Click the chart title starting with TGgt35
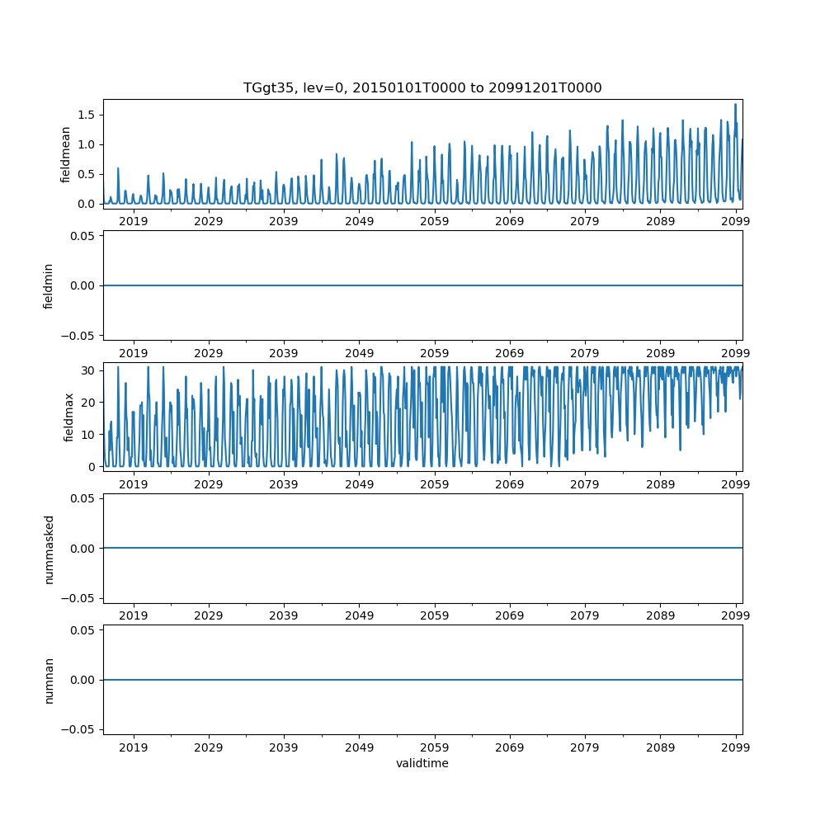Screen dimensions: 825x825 point(422,87)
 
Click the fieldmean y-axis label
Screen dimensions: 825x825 point(65,153)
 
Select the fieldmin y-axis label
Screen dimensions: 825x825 point(49,285)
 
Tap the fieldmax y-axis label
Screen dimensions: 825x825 point(69,417)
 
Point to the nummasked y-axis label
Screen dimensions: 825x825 point(49,548)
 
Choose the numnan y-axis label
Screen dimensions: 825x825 point(49,680)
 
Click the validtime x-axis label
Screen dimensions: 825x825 point(422,763)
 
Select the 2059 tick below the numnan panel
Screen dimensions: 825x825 point(435,747)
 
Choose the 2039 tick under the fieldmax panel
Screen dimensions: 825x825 point(284,484)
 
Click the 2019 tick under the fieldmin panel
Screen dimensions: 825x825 point(134,353)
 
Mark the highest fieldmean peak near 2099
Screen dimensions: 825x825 point(735,104)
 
